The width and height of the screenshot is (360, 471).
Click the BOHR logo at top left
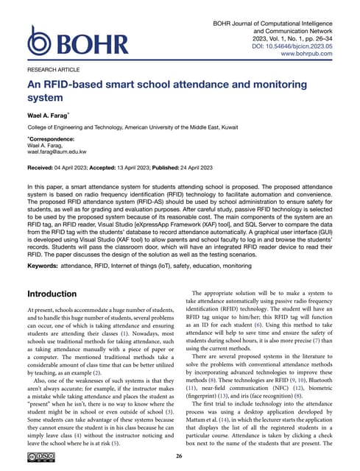coord(71,46)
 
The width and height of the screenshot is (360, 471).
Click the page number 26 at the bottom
coord(180,456)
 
